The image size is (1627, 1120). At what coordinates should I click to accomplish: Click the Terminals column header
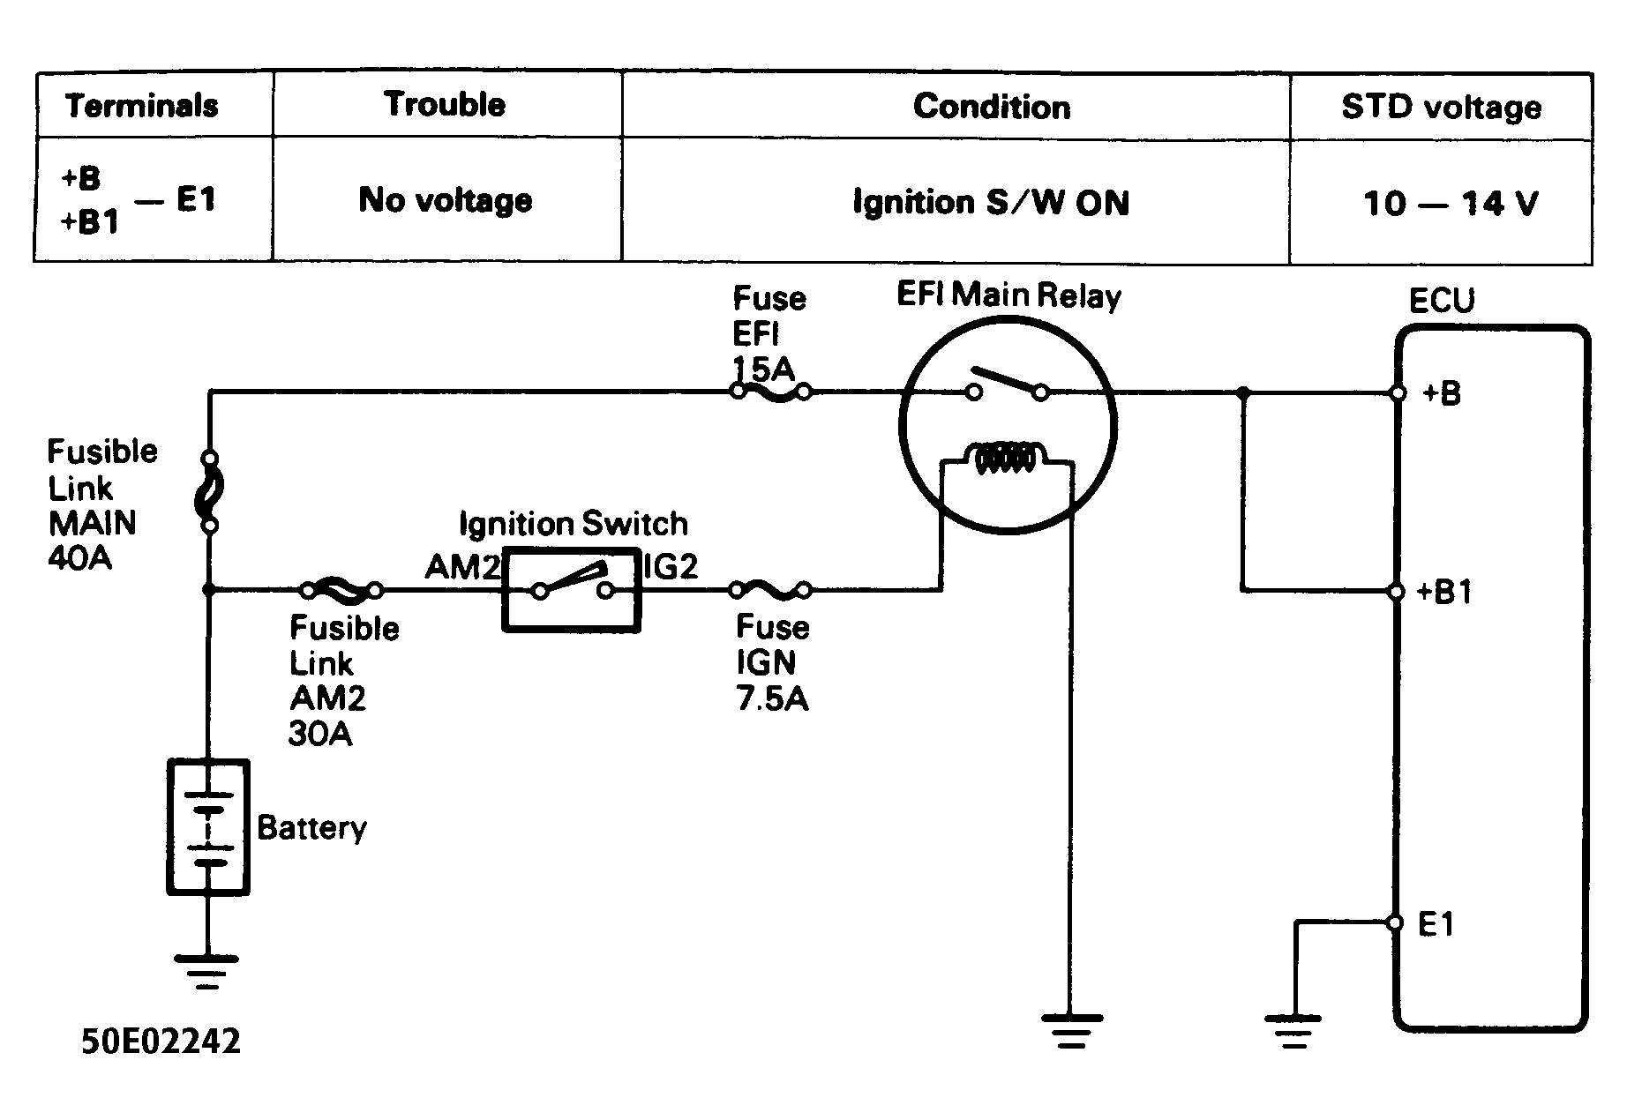pyautogui.click(x=142, y=106)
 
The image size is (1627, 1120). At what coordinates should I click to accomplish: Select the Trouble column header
pyautogui.click(x=446, y=104)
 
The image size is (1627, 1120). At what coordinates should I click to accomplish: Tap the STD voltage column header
pyautogui.click(x=1442, y=107)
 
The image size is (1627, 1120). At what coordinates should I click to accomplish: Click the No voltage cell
pyautogui.click(x=446, y=200)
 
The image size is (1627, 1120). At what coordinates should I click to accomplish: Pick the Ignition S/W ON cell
pyautogui.click(x=991, y=203)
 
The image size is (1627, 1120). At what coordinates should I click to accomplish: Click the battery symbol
pyautogui.click(x=208, y=827)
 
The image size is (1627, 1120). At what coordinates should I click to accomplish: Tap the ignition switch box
pyautogui.click(x=572, y=590)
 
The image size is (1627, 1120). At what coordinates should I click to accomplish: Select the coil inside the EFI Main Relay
pyautogui.click(x=1007, y=459)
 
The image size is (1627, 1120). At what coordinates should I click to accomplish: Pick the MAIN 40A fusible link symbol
pyautogui.click(x=210, y=492)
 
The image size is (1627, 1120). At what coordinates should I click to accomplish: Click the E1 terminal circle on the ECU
pyautogui.click(x=1395, y=922)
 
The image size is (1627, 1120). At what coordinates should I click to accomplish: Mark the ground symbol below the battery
pyautogui.click(x=208, y=972)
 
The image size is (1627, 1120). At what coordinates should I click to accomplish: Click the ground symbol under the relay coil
pyautogui.click(x=1071, y=1030)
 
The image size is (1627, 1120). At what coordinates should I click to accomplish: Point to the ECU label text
pyautogui.click(x=1442, y=301)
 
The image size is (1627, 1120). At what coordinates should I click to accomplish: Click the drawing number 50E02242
pyautogui.click(x=161, y=1042)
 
